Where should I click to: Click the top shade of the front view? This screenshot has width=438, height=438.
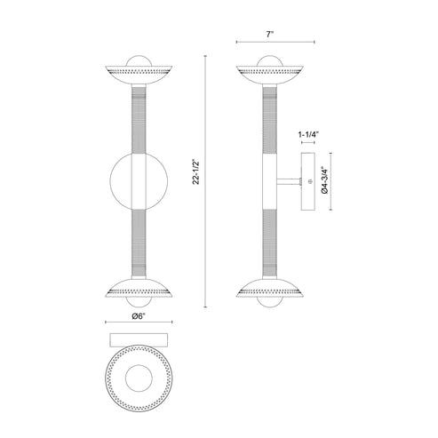137,73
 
